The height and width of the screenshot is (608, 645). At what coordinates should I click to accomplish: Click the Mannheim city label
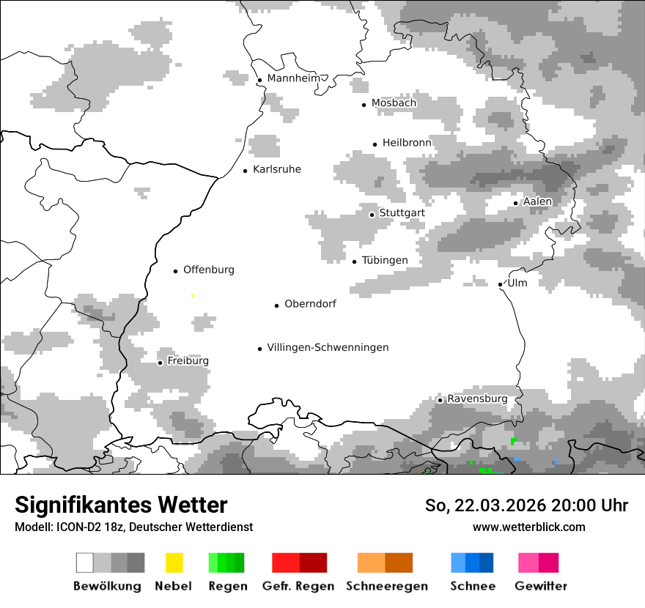click(x=294, y=78)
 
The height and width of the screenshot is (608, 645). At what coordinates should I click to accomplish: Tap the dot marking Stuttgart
click(x=372, y=215)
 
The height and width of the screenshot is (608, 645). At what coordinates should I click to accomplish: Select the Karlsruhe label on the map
click(x=276, y=169)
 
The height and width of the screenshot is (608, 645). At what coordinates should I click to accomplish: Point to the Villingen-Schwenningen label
click(x=328, y=347)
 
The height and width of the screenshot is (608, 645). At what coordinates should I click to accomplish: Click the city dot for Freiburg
click(x=160, y=363)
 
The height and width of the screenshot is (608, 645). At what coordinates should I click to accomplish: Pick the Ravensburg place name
click(x=477, y=398)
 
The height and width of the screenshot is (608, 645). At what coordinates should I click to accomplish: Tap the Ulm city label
click(x=517, y=283)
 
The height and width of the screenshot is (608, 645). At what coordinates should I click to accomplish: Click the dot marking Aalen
click(x=515, y=203)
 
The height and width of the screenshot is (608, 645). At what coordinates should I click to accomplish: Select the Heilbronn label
click(x=407, y=143)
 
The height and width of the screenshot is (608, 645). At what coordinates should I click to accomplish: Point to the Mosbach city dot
click(x=364, y=105)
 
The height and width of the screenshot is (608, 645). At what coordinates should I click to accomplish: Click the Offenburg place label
click(x=208, y=270)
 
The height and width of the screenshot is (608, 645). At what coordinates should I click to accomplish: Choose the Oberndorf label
click(x=310, y=304)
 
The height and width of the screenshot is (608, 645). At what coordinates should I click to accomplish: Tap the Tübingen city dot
click(x=354, y=262)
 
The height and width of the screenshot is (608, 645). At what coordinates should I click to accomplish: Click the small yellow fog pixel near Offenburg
click(x=193, y=296)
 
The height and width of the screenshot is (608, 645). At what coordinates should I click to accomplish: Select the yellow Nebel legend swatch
click(x=174, y=563)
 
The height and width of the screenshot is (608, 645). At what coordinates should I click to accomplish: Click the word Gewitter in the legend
click(x=540, y=586)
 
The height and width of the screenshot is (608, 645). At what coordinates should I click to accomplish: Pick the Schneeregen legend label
click(x=386, y=586)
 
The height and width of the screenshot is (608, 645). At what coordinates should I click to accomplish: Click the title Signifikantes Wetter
click(x=121, y=505)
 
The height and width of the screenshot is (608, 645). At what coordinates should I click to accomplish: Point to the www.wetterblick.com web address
click(x=528, y=527)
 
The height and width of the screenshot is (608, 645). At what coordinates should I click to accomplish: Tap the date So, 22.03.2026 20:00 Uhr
click(x=526, y=505)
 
